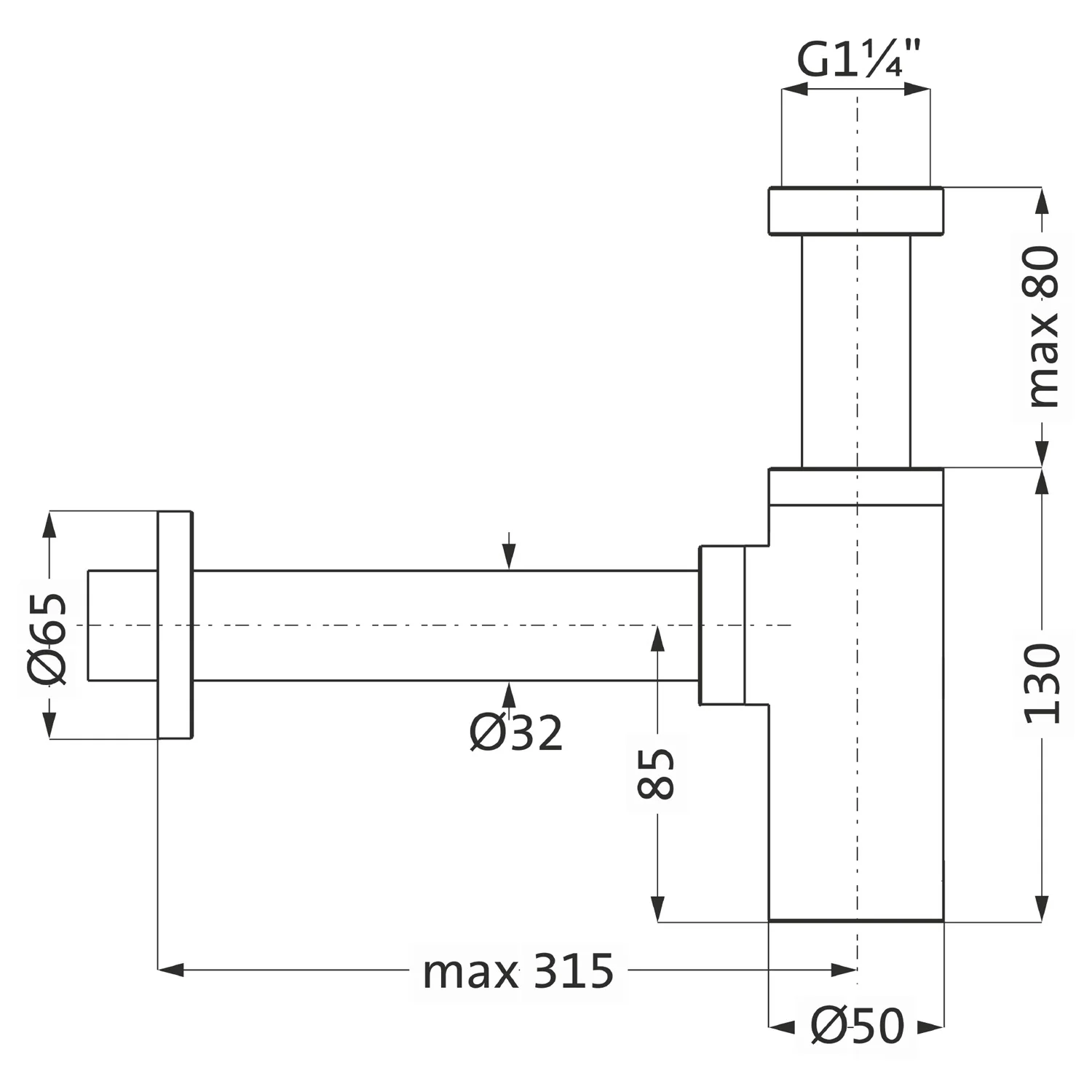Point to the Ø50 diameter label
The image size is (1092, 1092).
tap(857, 1026)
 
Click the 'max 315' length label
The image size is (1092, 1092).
tap(518, 971)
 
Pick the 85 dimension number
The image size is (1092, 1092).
tap(656, 774)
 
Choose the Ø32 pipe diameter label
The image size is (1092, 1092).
tap(516, 732)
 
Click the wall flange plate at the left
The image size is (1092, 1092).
tap(175, 625)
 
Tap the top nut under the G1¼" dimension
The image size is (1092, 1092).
tap(855, 211)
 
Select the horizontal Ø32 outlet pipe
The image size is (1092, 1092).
tap(446, 625)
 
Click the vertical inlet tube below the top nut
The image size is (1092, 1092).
tap(855, 352)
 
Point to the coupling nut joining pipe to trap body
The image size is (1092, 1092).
tap(722, 625)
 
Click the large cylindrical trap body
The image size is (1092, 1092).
tap(856, 713)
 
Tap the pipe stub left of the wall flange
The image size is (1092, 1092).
tap(122, 625)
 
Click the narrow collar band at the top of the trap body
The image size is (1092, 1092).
tap(856, 487)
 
